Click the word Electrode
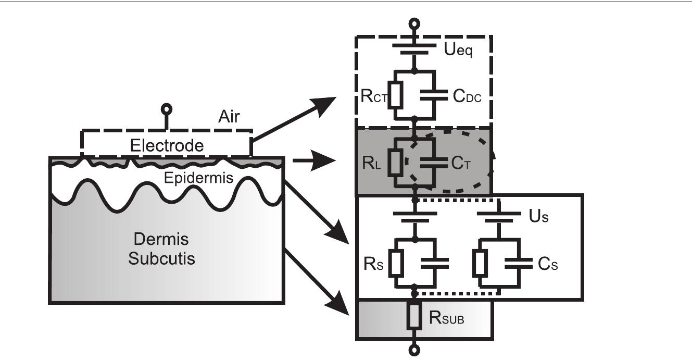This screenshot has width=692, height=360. pyautogui.click(x=167, y=145)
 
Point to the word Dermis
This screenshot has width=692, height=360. pyautogui.click(x=160, y=240)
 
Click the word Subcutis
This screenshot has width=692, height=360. pyautogui.click(x=161, y=258)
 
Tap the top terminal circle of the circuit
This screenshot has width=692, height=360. pyautogui.click(x=414, y=23)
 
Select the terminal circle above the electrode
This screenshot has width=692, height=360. pyautogui.click(x=167, y=109)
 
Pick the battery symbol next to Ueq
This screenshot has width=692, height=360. pyautogui.click(x=414, y=49)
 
